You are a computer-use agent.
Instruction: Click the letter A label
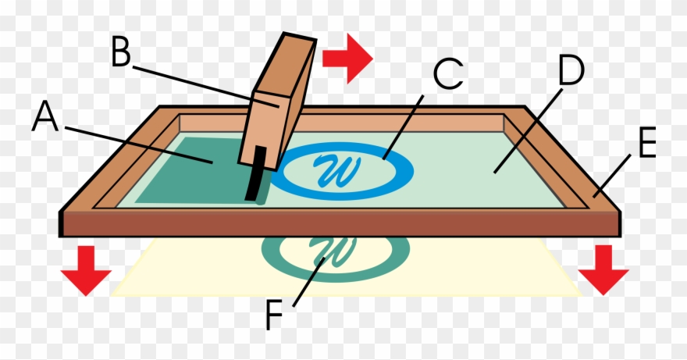tap(45, 120)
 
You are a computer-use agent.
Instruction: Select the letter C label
tap(448, 75)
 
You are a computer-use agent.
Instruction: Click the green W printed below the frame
tap(334, 250)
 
